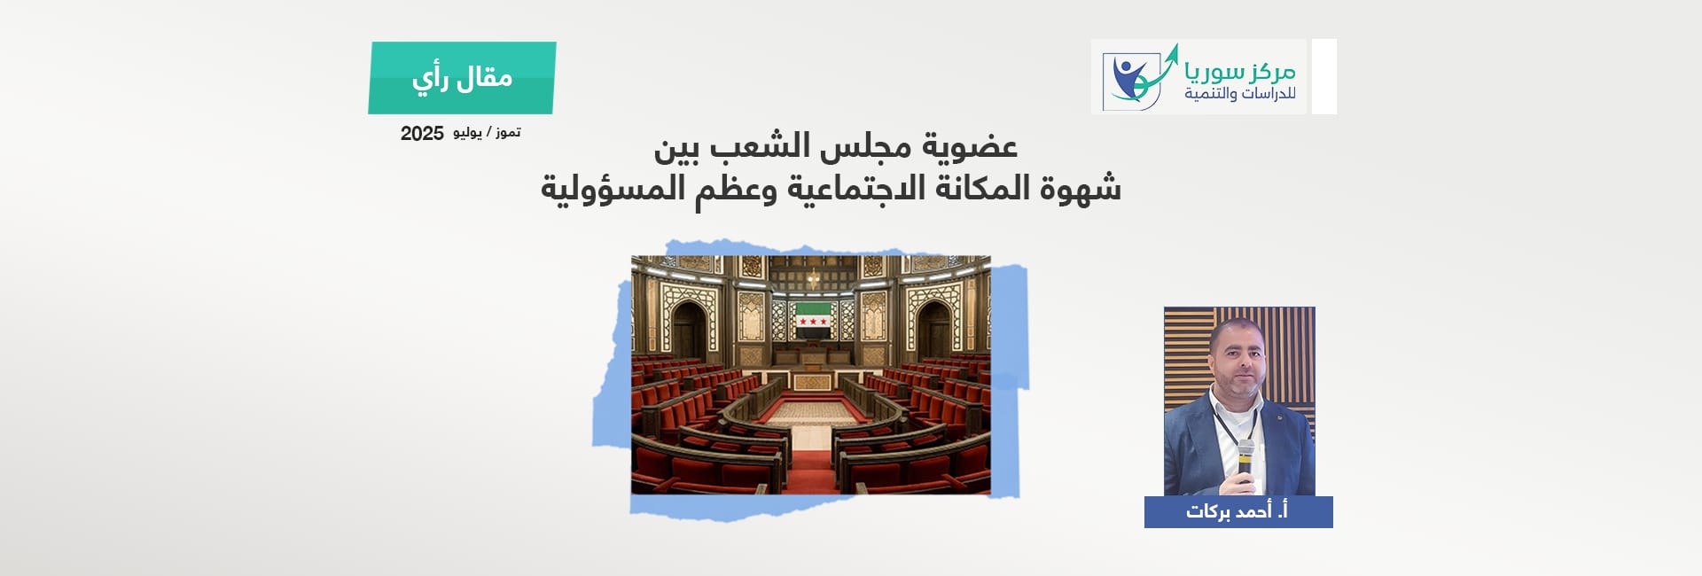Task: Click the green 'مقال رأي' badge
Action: [x=462, y=78]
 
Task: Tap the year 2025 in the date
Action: [x=422, y=134]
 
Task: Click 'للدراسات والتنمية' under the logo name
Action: [x=1240, y=93]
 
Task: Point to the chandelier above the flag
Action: [x=812, y=278]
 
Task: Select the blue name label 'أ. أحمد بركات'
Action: [x=1238, y=512]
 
